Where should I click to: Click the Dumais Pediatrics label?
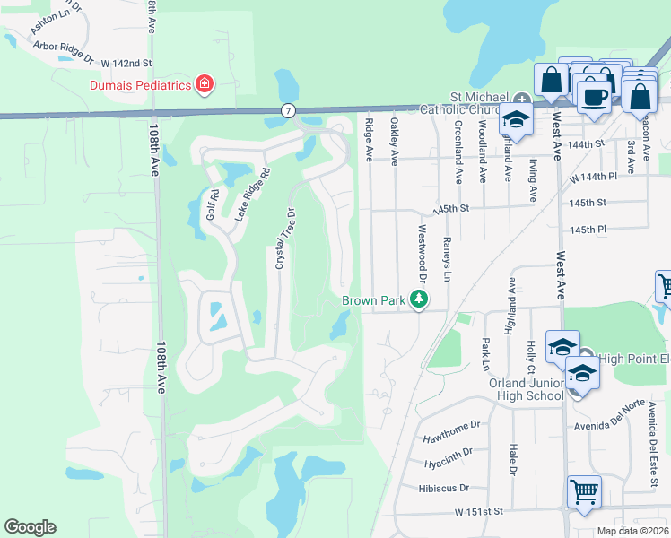click(140, 85)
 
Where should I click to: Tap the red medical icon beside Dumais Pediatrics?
click(205, 84)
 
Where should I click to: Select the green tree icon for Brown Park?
click(418, 300)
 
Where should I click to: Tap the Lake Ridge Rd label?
click(252, 195)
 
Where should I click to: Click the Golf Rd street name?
click(213, 205)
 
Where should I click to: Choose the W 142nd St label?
click(126, 64)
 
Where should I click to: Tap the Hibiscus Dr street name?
click(443, 488)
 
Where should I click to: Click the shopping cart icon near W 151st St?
click(584, 491)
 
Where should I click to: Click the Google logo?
click(30, 527)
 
